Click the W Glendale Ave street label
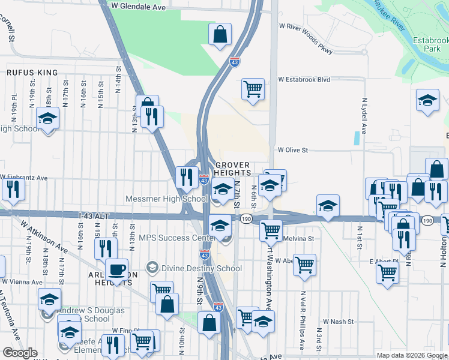click(139, 7)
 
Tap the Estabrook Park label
click(431, 44)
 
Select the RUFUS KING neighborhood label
click(32, 73)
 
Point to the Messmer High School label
click(166, 199)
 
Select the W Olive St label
click(292, 150)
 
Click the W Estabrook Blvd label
click(304, 79)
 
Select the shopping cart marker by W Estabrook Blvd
click(253, 89)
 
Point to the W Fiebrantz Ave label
click(24, 178)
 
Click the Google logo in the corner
click(20, 352)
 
